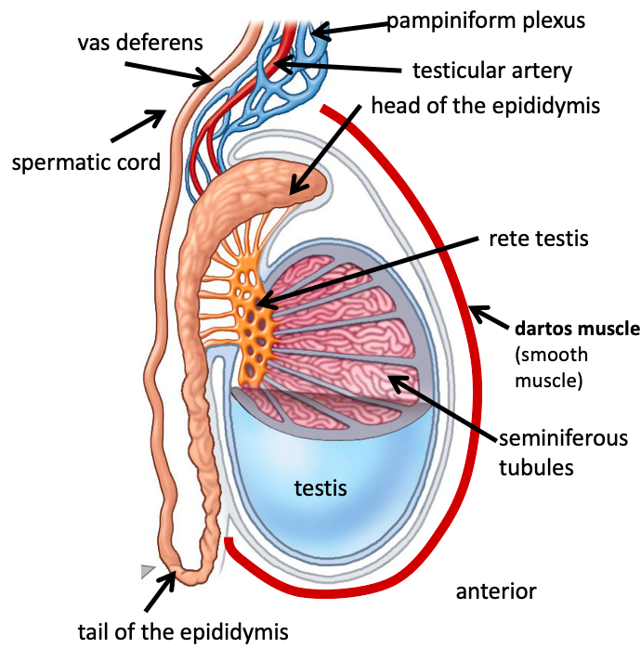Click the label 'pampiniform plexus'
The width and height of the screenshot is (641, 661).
pos(486,19)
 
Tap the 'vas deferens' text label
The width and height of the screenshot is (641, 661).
pos(139,42)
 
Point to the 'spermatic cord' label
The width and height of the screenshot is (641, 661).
pos(85,162)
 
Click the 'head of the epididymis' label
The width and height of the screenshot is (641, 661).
pos(486,105)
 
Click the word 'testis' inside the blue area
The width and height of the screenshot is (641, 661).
pos(320,486)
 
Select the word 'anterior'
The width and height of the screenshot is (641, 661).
pos(496,590)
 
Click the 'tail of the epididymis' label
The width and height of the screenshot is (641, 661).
pos(183,633)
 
